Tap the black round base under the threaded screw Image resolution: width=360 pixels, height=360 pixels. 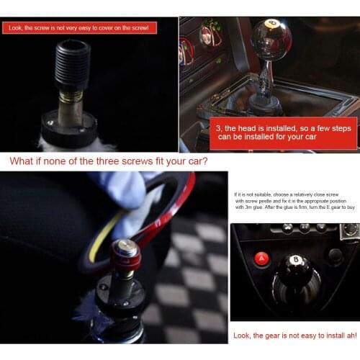click(x=68, y=125)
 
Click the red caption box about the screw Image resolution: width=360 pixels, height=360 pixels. click(x=80, y=27)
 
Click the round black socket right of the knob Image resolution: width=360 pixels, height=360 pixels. click(x=334, y=255)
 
